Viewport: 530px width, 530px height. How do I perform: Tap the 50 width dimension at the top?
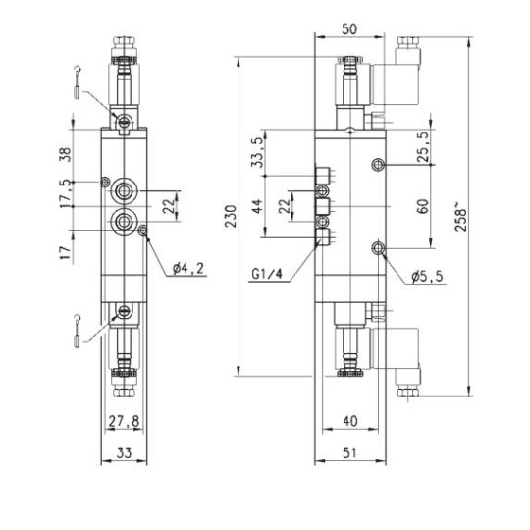click(348, 29)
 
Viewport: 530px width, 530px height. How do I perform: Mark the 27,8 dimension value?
click(123, 421)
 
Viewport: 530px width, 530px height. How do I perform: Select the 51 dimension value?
click(349, 452)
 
